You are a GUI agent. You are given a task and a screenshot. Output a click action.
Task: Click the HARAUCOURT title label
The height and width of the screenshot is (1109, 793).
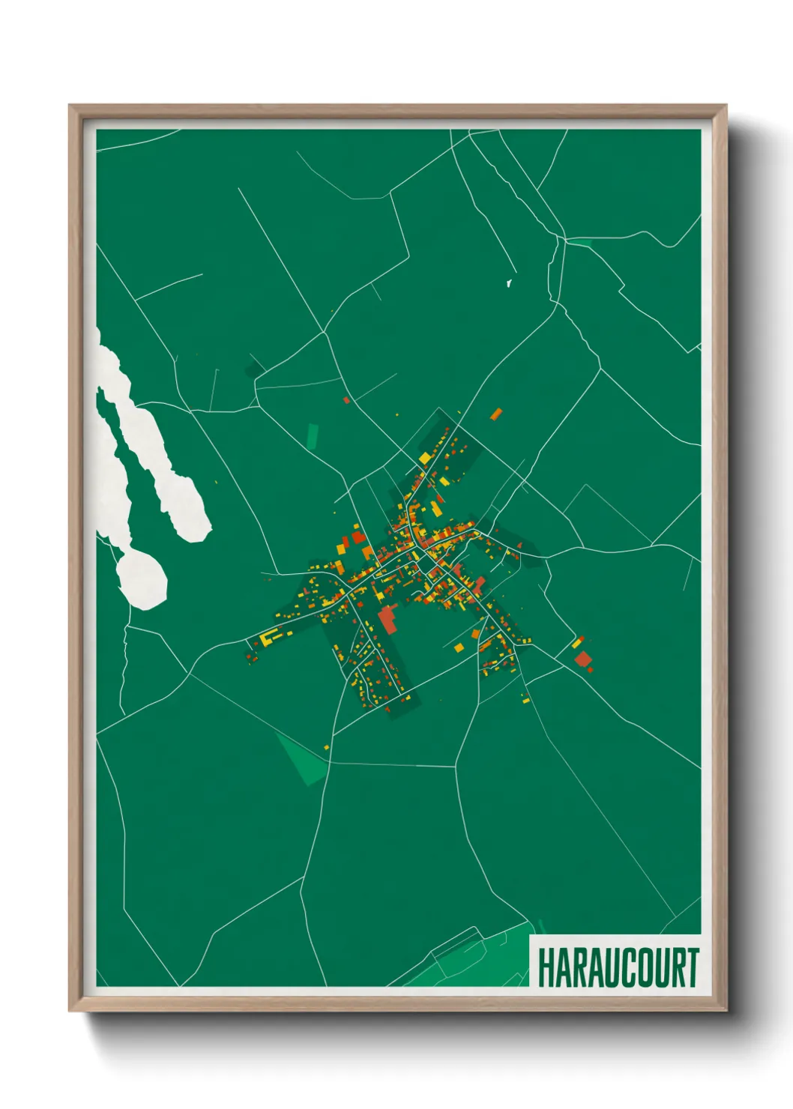click(618, 967)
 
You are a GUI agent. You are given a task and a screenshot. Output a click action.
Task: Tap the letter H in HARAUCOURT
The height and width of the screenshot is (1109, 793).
click(545, 967)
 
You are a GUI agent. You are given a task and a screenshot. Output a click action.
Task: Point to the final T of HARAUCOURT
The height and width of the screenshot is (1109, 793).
click(692, 967)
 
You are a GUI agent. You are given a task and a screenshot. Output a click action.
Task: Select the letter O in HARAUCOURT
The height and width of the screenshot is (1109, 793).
click(639, 967)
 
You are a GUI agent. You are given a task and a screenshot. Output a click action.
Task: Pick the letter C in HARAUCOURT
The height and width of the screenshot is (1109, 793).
click(623, 967)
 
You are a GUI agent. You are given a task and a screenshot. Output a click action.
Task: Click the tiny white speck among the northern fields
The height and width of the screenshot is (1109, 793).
click(509, 283)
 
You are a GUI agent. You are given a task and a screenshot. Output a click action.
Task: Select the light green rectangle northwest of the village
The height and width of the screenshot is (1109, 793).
click(313, 436)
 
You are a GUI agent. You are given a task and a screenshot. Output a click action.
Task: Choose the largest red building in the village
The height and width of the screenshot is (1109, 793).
click(388, 620)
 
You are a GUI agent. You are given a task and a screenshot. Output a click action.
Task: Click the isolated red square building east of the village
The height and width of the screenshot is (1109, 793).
click(583, 659)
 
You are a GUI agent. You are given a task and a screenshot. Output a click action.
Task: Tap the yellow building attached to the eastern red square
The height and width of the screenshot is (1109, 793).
click(577, 643)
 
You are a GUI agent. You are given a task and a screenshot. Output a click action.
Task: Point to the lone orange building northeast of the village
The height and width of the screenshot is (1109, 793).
click(495, 414)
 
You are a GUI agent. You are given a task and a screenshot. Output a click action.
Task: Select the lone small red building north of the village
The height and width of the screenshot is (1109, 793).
click(346, 400)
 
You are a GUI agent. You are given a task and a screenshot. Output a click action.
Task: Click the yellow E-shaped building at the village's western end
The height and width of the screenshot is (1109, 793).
click(267, 638)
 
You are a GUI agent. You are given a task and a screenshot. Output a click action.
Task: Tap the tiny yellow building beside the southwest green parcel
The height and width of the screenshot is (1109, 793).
click(327, 746)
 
